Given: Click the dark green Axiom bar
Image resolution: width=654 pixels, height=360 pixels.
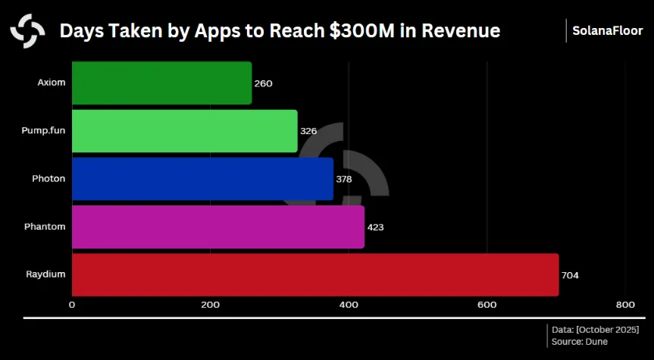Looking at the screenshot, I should pos(161,83).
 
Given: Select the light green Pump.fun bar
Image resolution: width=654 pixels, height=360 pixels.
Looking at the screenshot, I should pos(184,131).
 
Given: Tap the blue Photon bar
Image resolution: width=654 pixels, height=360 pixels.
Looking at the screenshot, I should pos(202,179).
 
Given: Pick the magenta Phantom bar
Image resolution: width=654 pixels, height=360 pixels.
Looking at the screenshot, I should pos(218,227).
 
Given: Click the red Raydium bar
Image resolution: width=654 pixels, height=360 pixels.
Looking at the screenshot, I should pos(315,274).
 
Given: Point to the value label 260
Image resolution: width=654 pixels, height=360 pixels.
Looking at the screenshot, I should pos(263,83).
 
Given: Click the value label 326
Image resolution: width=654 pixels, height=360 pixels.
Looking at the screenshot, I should pos(308,131).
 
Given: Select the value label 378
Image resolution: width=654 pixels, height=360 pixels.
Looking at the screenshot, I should pos(344,179).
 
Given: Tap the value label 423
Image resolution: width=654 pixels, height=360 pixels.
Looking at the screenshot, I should pos(377,227).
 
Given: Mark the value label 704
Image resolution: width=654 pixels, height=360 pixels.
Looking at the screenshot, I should pos(570,275).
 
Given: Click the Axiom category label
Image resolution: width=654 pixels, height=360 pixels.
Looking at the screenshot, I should pos(51,83).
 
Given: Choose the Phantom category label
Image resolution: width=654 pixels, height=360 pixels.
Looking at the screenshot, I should pos(45,227).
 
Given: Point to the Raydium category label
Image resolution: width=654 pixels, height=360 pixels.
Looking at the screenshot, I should pos(45,274).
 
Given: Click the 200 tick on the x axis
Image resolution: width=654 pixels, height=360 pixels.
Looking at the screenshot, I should pos(210,305).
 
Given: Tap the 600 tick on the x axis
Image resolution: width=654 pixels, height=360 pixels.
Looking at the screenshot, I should pos(487,305).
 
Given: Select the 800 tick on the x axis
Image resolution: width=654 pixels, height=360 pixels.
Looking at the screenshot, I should pos(624,305).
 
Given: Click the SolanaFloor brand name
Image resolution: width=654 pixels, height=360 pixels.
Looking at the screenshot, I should pos(608,31).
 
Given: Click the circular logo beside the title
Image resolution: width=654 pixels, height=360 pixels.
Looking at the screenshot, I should pos(27,31).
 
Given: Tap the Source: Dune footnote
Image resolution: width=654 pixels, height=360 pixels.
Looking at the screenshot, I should pos(579,342).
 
